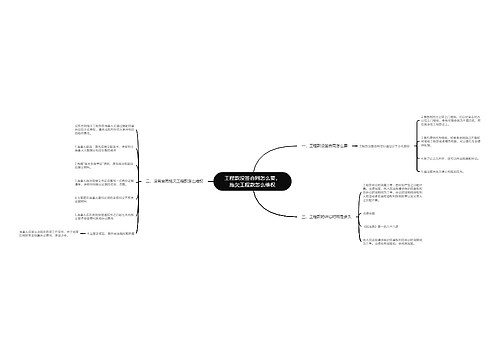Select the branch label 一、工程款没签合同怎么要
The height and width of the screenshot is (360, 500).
pos(319,144)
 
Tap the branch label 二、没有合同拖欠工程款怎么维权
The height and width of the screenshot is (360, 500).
pos(182,181)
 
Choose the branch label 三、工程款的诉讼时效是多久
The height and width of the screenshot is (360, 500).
pos(322,216)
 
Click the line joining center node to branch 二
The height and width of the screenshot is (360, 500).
pos(217,181)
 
